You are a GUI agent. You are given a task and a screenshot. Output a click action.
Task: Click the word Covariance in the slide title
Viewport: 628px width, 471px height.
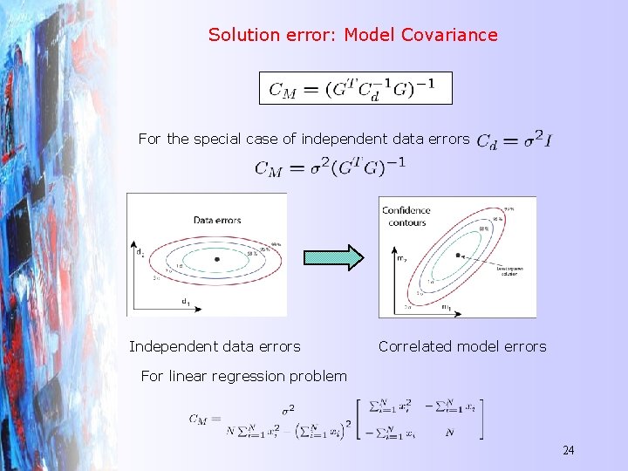click(449, 35)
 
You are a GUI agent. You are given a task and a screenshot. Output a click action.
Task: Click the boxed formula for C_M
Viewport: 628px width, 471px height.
click(355, 88)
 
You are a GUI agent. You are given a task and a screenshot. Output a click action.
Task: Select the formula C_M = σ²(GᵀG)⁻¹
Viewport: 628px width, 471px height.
click(330, 167)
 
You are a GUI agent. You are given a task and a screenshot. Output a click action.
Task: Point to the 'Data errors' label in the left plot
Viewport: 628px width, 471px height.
click(217, 220)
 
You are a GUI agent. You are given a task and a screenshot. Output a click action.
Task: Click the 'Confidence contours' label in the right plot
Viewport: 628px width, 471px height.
click(406, 216)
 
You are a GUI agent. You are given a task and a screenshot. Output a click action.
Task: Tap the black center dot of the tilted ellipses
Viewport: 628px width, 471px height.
click(458, 256)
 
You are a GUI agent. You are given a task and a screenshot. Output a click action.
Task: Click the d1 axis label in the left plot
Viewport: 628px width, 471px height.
click(185, 302)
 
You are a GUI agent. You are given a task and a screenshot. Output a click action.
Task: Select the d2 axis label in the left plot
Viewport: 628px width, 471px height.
click(140, 253)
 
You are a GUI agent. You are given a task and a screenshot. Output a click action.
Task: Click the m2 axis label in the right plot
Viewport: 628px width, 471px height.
click(402, 258)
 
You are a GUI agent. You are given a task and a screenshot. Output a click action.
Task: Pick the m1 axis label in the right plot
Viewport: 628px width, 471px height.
click(447, 306)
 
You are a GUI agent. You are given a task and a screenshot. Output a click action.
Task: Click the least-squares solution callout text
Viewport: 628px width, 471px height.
click(510, 273)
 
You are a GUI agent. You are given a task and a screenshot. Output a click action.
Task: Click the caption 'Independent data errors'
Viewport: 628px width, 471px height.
click(215, 346)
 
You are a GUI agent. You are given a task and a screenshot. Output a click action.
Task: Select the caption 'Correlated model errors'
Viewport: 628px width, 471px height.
click(462, 346)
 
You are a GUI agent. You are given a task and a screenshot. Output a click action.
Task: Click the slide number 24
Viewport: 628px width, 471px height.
click(568, 450)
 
